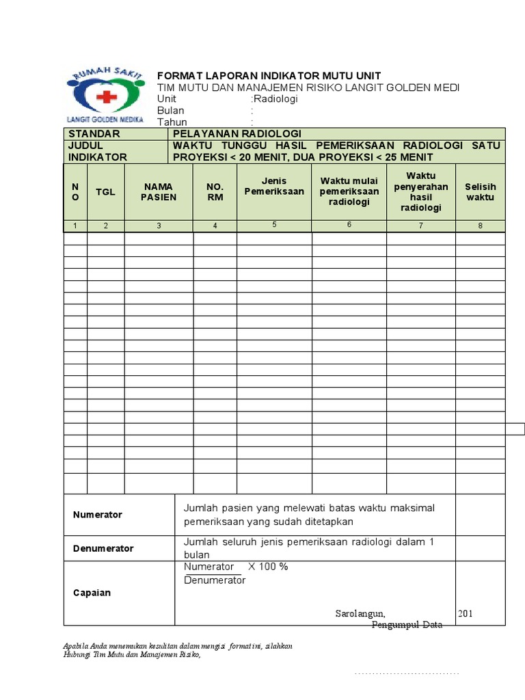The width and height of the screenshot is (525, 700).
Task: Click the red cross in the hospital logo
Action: (x=106, y=97)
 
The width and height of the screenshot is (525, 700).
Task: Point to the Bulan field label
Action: (x=171, y=111)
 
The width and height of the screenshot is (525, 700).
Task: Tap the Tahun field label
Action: (x=172, y=122)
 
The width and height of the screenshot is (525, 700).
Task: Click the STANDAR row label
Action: (x=94, y=134)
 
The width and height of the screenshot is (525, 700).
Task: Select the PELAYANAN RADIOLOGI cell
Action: (x=237, y=134)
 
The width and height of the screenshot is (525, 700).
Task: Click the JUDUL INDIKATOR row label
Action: (x=97, y=151)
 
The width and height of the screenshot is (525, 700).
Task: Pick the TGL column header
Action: (x=105, y=192)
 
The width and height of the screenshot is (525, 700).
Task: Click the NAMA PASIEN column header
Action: (x=159, y=192)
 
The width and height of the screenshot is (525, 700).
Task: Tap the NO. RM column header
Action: (x=215, y=192)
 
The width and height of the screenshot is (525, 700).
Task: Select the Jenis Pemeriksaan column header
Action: (x=274, y=187)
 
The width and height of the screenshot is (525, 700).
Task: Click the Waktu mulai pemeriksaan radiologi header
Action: (x=349, y=191)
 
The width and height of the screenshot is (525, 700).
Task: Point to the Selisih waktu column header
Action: (x=480, y=192)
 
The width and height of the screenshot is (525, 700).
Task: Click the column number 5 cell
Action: (x=274, y=224)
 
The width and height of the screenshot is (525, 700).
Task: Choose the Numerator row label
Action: (x=98, y=515)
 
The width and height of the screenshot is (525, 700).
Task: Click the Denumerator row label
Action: (x=103, y=548)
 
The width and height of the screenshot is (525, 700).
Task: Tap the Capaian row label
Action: (x=92, y=593)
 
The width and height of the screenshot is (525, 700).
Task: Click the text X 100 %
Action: (x=268, y=567)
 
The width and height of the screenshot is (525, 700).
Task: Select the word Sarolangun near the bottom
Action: (x=360, y=613)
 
